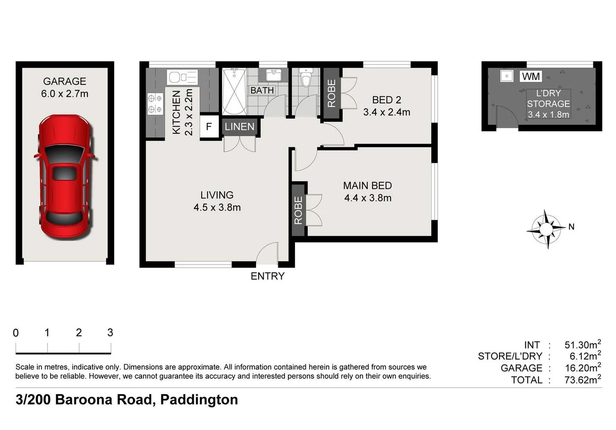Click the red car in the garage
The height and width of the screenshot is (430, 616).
[65, 177]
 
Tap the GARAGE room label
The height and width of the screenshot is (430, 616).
[64, 82]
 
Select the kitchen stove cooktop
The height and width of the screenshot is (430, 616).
[155, 103]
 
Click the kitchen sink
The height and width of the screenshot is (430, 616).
[182, 77]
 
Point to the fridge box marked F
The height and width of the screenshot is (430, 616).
[209, 127]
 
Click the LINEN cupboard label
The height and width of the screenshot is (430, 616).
[239, 127]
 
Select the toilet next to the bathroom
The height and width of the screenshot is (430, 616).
[305, 78]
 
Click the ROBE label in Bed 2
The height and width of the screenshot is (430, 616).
[331, 94]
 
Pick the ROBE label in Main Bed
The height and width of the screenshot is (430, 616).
[298, 210]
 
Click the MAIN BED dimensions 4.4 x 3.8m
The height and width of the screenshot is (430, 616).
[367, 198]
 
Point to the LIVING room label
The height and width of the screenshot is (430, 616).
[217, 195]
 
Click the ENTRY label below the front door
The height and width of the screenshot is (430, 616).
[267, 276]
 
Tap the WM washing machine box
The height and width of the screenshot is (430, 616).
[530, 76]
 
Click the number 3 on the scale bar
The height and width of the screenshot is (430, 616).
[110, 332]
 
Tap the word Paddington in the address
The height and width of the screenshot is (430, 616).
[199, 399]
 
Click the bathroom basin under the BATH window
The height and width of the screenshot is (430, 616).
[273, 74]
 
